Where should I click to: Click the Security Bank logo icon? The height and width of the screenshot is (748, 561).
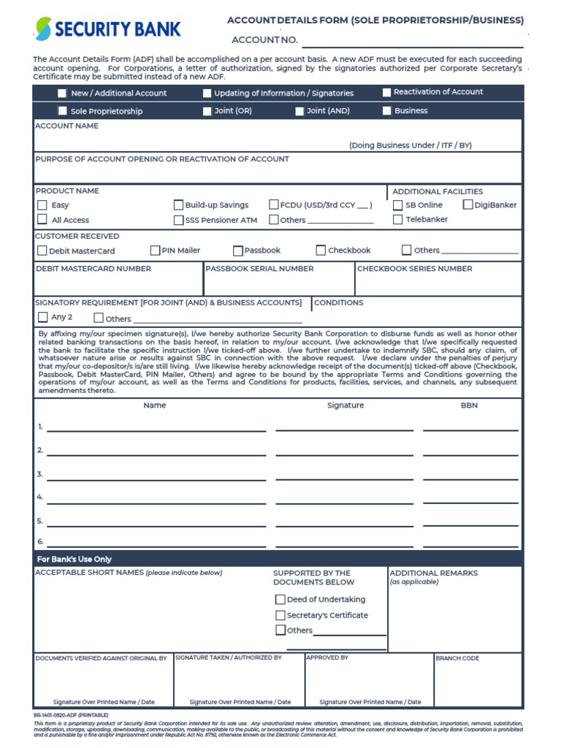coord(44,29)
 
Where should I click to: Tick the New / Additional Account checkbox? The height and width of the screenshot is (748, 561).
coord(62,93)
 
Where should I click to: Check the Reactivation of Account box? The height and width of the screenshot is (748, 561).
coord(387,92)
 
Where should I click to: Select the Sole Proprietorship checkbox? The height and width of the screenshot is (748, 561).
coord(62,111)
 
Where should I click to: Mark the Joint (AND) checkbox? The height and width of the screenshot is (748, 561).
coord(299,111)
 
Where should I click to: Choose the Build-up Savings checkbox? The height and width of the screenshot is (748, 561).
coord(178,205)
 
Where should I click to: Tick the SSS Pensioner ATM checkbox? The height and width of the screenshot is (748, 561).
coord(178,220)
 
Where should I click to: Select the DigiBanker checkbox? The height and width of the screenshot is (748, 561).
coord(468,205)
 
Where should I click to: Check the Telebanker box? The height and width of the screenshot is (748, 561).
coord(398,219)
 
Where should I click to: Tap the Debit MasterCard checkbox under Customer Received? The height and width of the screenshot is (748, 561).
coord(42,251)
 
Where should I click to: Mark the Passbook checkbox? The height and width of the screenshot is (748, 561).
coord(238,251)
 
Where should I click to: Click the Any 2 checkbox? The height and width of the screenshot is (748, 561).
coord(42,318)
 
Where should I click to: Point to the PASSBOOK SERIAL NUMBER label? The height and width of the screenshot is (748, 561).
coord(259,269)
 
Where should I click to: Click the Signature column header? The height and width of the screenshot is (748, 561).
coord(346,405)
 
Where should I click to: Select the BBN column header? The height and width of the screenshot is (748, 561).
coord(469,405)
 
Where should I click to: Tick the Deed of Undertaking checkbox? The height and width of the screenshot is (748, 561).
coord(280,599)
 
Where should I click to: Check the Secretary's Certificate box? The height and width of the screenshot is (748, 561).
coord(280,615)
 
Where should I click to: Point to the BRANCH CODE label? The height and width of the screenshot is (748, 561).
coord(457,658)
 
